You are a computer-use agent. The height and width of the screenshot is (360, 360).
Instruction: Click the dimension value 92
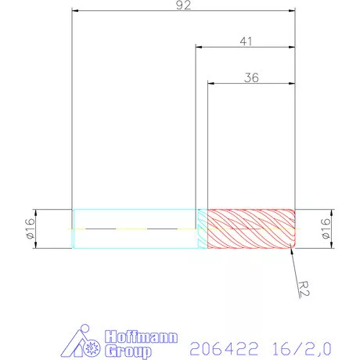(x=184, y=5)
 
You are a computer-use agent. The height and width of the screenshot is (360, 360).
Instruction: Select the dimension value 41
(x=245, y=41)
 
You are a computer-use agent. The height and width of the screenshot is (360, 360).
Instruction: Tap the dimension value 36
(x=251, y=77)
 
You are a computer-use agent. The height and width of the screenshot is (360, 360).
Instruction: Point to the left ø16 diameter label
(x=31, y=229)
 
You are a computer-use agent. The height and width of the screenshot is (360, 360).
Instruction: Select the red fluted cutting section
(x=250, y=229)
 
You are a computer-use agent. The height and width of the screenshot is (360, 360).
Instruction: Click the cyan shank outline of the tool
(x=133, y=210)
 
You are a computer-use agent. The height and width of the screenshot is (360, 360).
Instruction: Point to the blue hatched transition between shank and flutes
(x=201, y=229)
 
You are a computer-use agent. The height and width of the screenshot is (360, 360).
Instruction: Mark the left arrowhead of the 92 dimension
(x=75, y=12)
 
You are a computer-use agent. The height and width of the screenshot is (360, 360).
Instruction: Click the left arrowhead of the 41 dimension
(x=199, y=48)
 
